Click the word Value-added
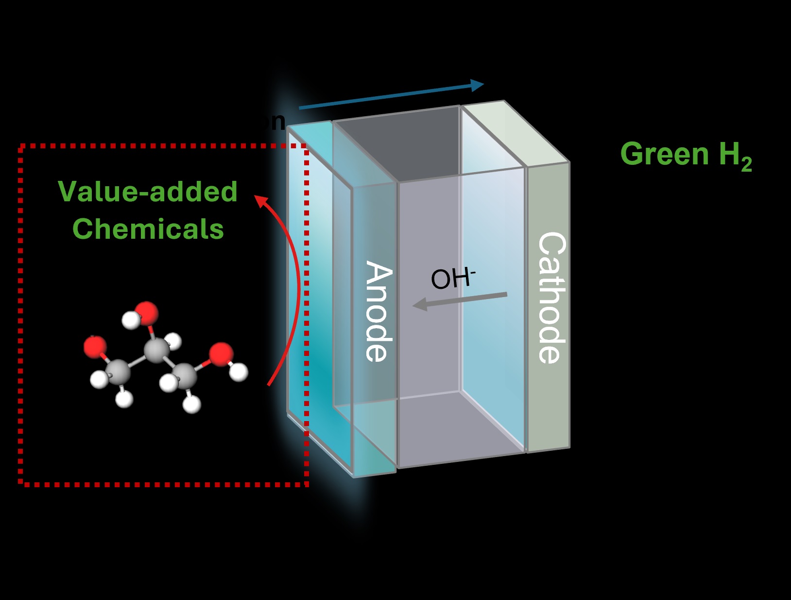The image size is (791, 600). tap(148, 192)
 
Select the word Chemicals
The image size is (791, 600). tap(148, 229)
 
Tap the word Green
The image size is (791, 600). tap(664, 154)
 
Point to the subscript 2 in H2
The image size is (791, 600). tap(746, 164)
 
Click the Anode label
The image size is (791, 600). tap(379, 312)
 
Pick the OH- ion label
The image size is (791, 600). tap(452, 278)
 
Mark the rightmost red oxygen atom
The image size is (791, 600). tap(222, 353)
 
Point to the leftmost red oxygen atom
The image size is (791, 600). tap(95, 347)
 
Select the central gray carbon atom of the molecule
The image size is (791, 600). tap(156, 350)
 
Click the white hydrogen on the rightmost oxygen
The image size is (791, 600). tap(239, 372)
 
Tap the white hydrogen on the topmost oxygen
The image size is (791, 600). tap(130, 320)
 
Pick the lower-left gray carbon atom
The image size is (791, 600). tap(118, 372)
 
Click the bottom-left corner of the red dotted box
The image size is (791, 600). tap(21, 483)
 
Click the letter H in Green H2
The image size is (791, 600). tap(729, 154)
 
